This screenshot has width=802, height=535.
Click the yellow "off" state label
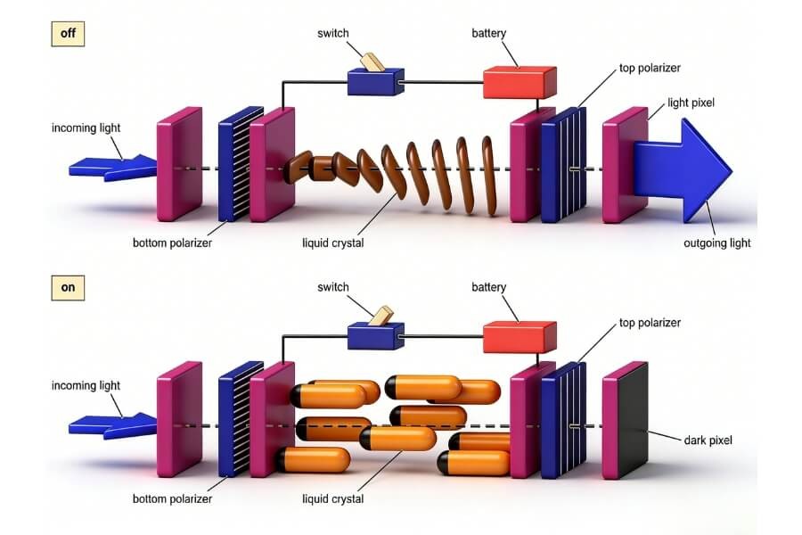(x=68, y=34)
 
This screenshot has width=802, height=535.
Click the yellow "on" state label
(x=68, y=289)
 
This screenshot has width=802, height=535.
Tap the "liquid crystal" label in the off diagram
(x=333, y=243)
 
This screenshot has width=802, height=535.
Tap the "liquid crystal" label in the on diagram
(x=333, y=498)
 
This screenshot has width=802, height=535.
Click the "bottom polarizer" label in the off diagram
(x=171, y=243)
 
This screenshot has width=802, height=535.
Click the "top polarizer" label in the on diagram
(x=651, y=323)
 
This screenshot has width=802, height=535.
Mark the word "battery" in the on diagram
(x=488, y=287)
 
